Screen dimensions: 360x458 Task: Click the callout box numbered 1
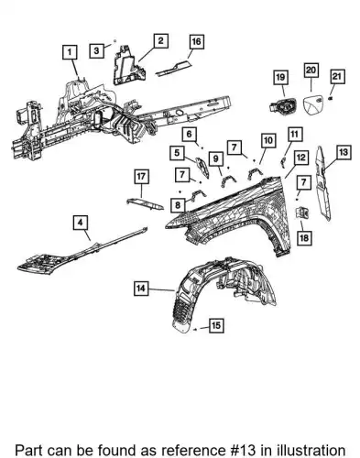pos(70,52)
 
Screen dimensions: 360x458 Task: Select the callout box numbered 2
pos(160,40)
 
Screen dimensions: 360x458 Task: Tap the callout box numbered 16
pos(197,42)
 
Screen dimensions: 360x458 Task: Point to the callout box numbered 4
pos(81,223)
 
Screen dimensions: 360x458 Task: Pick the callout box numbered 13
pos(344,152)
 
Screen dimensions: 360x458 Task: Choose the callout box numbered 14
pos(141,288)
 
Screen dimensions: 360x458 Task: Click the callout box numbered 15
pos(216,325)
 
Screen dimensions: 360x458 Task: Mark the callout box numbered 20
pos(311,71)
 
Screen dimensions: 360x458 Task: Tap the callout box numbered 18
pos(304,238)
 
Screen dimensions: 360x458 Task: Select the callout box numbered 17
pos(141,177)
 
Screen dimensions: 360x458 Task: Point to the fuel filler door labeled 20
pos(313,104)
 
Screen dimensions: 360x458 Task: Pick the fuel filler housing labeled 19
pos(283,106)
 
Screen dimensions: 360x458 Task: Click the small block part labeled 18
pos(302,213)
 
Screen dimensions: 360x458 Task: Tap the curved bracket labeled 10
pos(255,173)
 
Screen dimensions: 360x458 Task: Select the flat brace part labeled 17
pos(146,203)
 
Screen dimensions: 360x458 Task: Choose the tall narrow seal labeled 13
pos(323,183)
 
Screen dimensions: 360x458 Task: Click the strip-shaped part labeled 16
pos(174,69)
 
